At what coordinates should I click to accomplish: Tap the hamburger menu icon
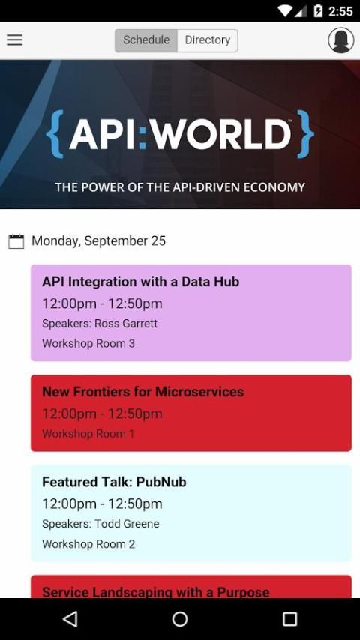coord(15,40)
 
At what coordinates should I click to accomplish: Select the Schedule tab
coord(146,40)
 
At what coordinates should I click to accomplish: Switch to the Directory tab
coord(208,40)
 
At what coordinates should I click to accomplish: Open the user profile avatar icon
coord(340,40)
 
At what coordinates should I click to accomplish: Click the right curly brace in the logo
coord(305,134)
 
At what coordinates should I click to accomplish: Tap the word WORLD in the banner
coord(218,134)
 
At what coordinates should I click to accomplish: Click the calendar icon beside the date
coord(16,241)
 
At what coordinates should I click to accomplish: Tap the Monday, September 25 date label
coord(98,241)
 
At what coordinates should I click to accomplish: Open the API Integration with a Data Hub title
coord(140,282)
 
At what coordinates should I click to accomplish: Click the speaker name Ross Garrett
coord(126,324)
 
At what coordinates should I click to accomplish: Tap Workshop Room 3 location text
coord(88,344)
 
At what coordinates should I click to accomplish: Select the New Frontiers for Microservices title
coord(143,392)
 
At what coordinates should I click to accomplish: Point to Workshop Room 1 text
coord(88,434)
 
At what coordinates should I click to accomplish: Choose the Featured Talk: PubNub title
coord(114,482)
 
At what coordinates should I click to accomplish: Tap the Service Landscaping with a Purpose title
coord(156,592)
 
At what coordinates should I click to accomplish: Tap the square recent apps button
coord(289,619)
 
